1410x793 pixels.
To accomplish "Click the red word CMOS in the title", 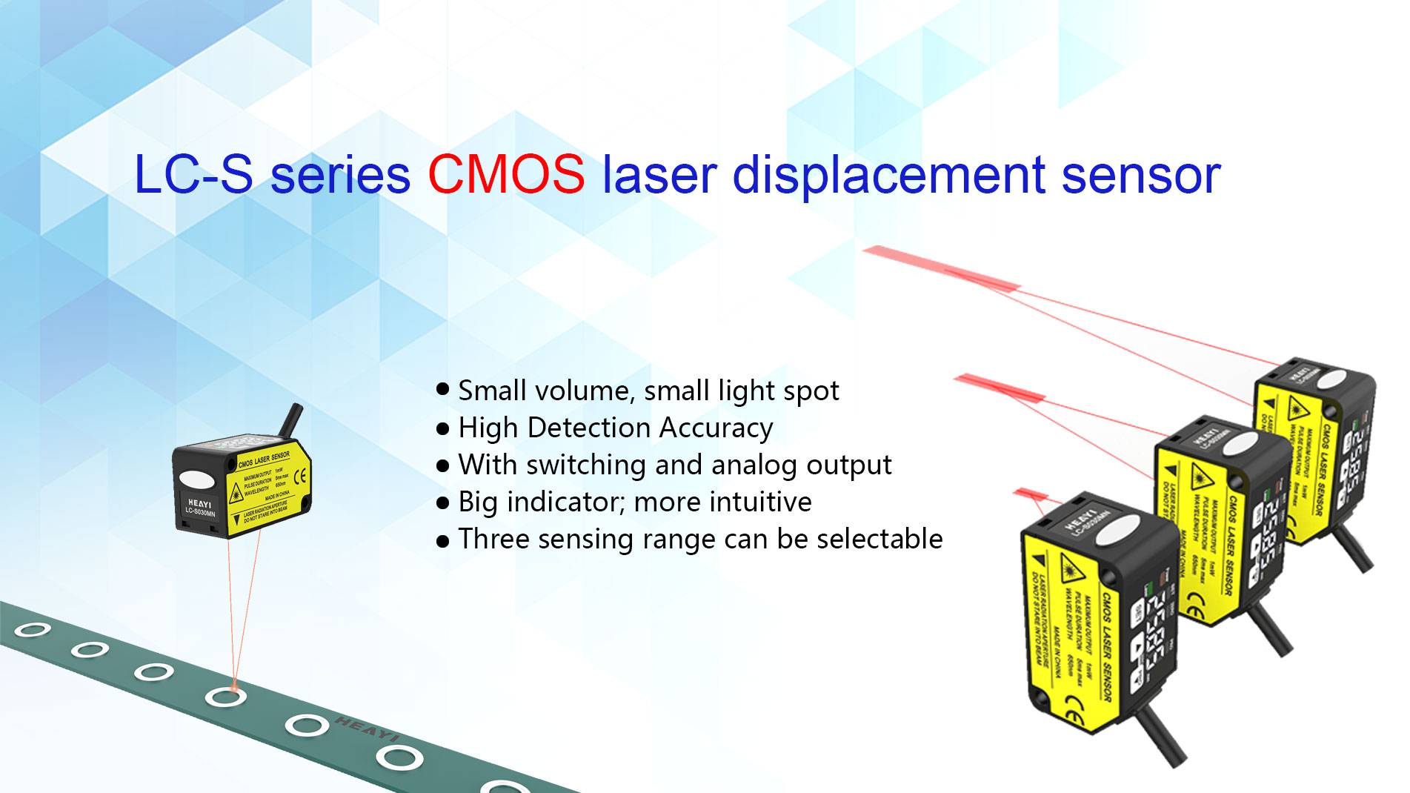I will [x=506, y=175].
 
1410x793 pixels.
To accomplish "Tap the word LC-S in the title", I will [x=193, y=175].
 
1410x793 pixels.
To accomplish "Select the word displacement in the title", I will [x=888, y=176].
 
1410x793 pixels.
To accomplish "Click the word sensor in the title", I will [x=1141, y=176].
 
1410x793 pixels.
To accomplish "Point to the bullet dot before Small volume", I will [x=443, y=388].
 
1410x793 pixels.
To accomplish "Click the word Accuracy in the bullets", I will [x=716, y=428].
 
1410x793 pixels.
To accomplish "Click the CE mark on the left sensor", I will [x=300, y=477].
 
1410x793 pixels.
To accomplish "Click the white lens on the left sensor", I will [x=196, y=480].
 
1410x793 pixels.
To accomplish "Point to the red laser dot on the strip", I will [x=234, y=687].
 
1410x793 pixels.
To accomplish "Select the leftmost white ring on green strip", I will [x=33, y=630].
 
